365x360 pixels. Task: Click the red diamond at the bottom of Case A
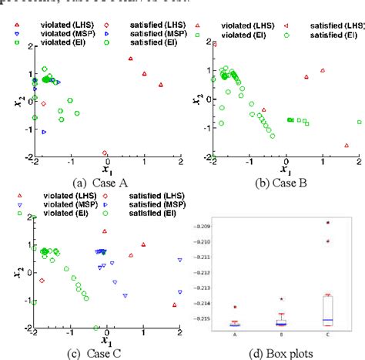coord(105,153)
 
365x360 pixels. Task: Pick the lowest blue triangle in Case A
coord(44,132)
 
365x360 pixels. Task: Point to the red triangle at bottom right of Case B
coord(346,145)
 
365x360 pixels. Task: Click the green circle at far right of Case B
coord(359,122)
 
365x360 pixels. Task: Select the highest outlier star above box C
coord(327,223)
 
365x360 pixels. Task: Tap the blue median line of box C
coord(327,319)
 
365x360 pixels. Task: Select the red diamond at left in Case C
coord(42,281)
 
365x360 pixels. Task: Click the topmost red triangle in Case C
coord(105,230)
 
